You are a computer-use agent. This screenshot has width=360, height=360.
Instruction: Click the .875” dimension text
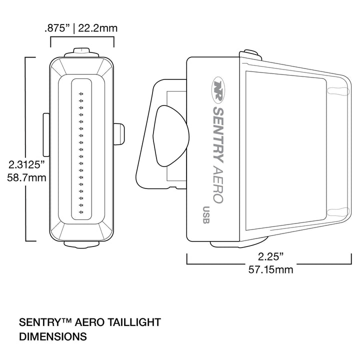57,28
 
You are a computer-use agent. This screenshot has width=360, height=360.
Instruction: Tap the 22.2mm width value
98,28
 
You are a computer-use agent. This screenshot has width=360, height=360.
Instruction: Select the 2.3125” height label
26,164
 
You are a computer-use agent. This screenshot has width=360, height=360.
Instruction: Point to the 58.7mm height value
26,177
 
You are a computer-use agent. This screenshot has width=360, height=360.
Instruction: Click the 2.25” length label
270,256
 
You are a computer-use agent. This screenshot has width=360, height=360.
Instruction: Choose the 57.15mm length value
270,269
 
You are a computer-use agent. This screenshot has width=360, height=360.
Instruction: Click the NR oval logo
218,90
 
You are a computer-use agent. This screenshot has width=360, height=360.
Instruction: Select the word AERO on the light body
218,184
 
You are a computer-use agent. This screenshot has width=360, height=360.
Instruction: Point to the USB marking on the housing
206,215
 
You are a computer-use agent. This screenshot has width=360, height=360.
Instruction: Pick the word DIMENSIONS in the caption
53,336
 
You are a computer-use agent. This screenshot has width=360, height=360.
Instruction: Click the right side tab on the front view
119,134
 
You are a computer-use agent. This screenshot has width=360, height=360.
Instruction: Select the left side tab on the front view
46,135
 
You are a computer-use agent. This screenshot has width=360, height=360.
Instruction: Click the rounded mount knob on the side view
171,136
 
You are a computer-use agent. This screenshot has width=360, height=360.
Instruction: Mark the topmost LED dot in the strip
81,93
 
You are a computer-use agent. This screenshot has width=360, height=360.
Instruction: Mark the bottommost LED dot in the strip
81,212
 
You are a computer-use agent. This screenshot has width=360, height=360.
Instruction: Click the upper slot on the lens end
338,91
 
